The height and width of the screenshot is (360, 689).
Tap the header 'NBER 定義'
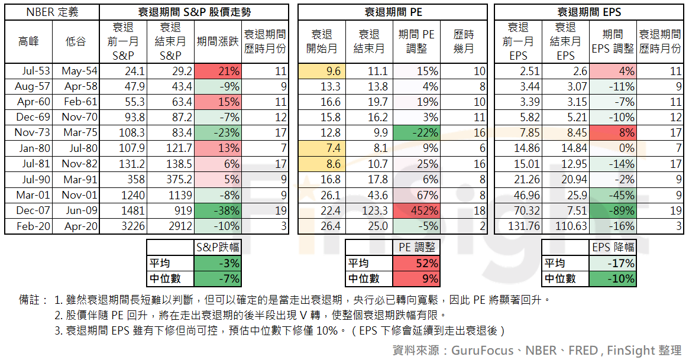click(52, 12)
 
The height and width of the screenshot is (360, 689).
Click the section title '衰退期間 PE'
click(392, 12)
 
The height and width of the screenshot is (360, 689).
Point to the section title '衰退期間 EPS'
click(589, 12)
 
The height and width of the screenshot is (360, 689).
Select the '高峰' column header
click(28, 41)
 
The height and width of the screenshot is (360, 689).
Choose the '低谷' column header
click(76, 41)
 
